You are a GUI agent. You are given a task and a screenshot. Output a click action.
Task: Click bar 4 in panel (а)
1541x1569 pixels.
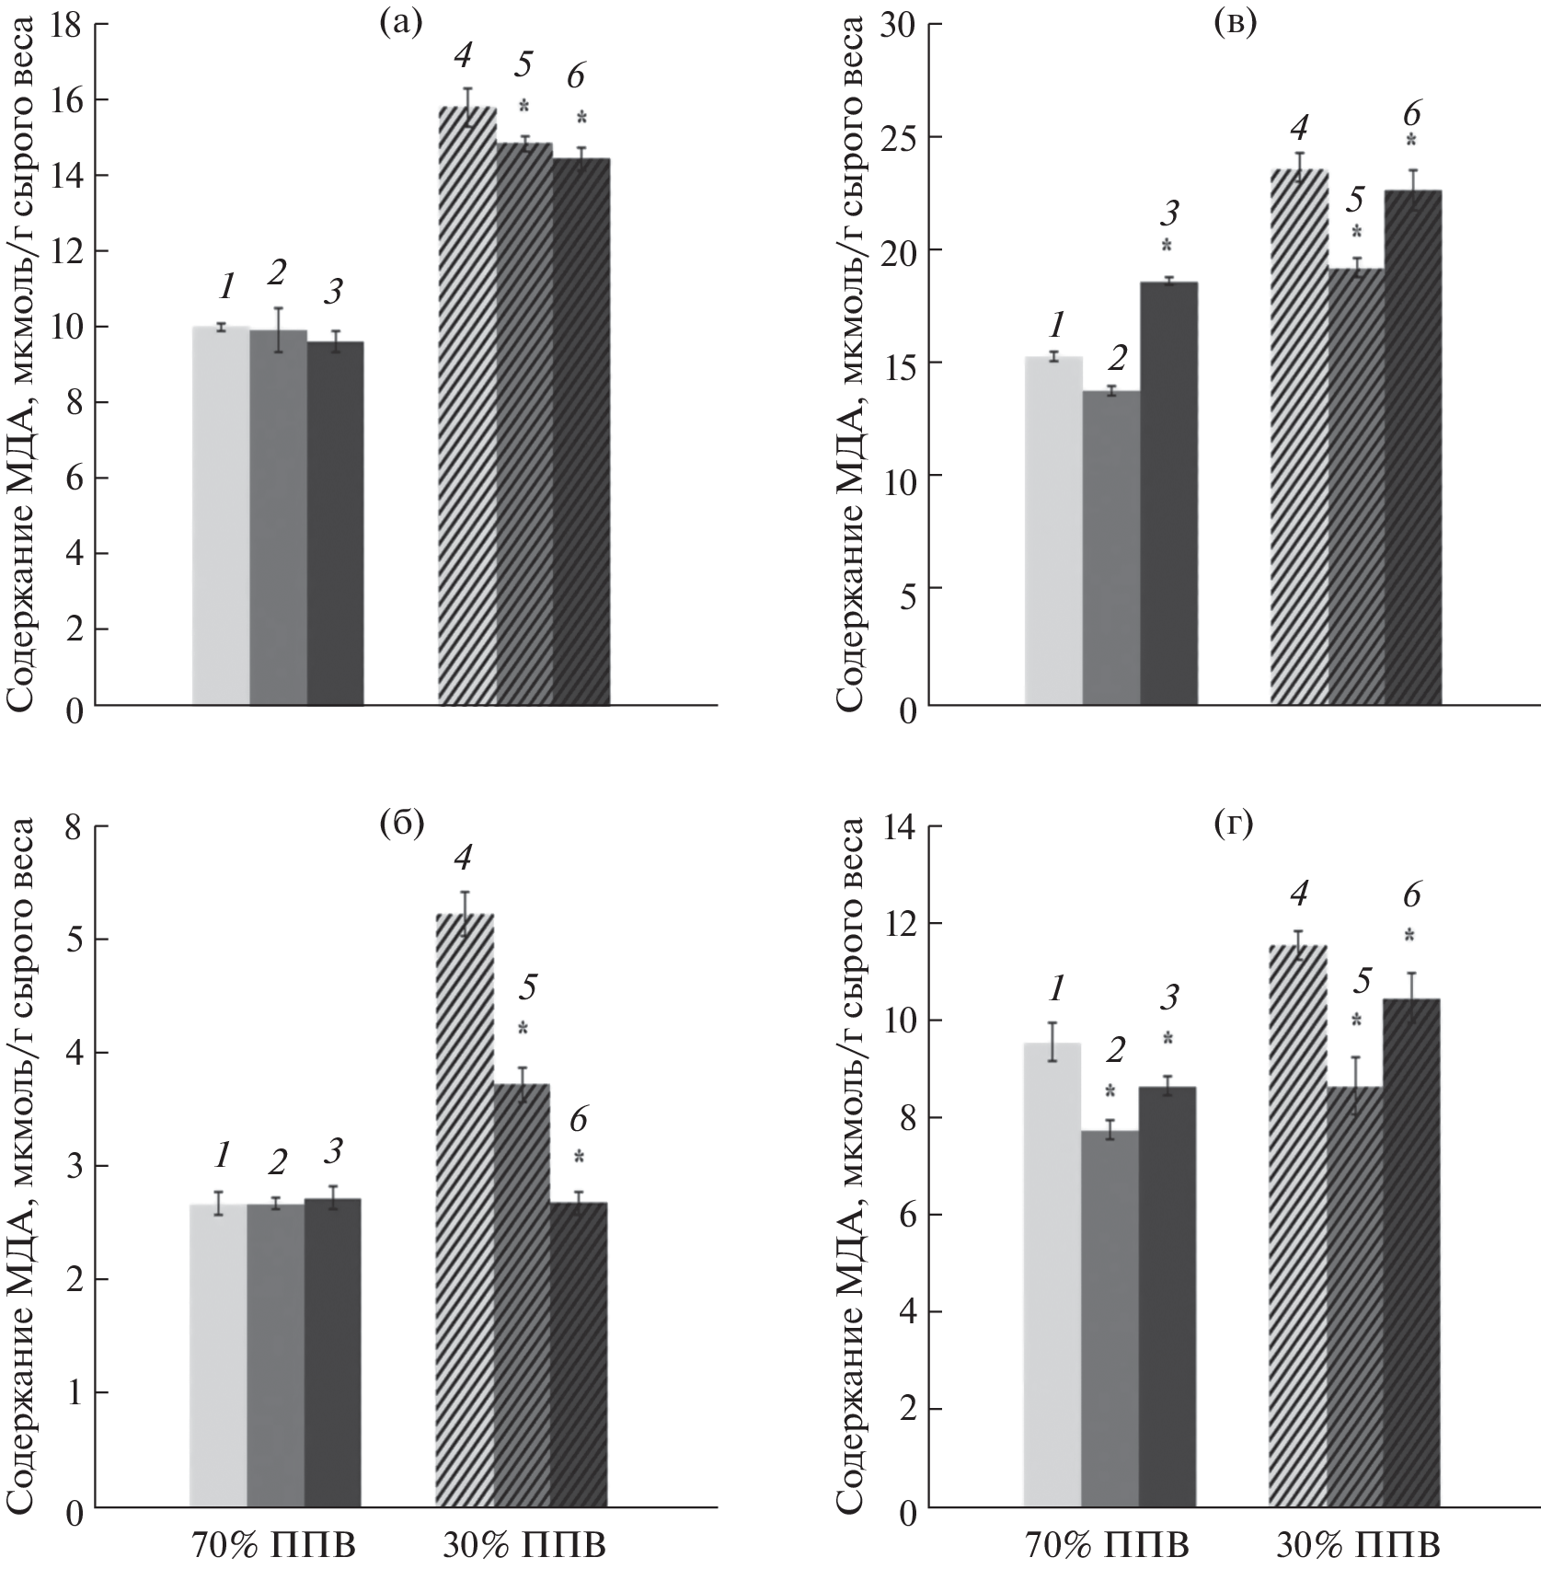pos(467,406)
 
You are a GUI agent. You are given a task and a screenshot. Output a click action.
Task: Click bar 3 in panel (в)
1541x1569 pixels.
pos(1168,493)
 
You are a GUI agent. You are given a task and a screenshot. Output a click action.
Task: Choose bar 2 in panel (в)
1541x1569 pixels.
pos(1111,548)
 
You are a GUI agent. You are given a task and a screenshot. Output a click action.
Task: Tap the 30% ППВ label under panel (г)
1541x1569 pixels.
pos(1357,1544)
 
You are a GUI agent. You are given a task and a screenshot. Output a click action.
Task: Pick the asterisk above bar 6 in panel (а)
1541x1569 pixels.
pos(580,118)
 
